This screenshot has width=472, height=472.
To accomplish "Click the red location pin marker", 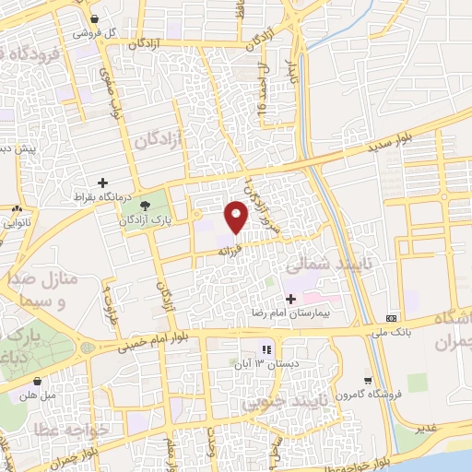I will [237, 215].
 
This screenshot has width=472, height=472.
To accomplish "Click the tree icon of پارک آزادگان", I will [146, 205].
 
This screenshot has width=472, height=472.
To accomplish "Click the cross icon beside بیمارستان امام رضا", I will [291, 299].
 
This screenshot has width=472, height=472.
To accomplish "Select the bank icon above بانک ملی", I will [392, 318].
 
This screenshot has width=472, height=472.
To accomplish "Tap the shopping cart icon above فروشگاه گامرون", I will [368, 380].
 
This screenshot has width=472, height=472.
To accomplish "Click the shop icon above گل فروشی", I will [95, 18].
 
